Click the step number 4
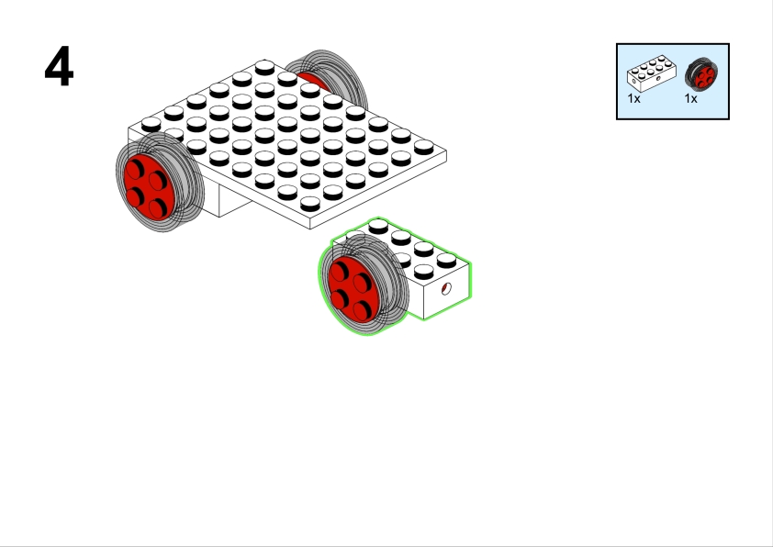[x=59, y=66]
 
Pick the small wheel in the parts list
[x=701, y=73]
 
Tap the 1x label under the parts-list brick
[x=634, y=98]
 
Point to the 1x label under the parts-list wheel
[x=690, y=98]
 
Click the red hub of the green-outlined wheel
[x=353, y=289]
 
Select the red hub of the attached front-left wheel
[x=150, y=186]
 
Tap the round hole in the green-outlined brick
[x=446, y=289]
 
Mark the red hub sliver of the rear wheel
[x=313, y=81]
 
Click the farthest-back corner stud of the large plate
[x=264, y=67]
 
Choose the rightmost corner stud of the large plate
[x=424, y=147]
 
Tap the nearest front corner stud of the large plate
[x=310, y=204]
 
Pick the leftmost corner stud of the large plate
[x=151, y=124]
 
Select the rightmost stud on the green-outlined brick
[x=447, y=261]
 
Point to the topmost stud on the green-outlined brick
[x=378, y=226]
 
